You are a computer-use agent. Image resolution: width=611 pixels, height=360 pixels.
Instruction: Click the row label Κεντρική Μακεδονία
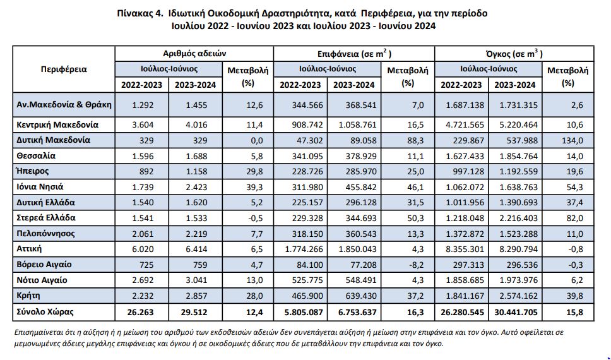coord(57,125)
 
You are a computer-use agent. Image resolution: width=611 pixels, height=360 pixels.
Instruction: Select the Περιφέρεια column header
coord(64,69)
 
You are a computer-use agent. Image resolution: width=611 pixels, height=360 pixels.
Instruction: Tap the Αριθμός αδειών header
coord(194,54)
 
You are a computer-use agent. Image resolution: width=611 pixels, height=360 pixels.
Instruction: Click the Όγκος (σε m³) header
coord(514,54)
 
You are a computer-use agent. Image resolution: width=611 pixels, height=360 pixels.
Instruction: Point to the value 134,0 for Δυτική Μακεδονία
coord(572,140)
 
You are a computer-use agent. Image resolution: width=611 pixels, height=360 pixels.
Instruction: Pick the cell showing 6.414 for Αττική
coord(196,249)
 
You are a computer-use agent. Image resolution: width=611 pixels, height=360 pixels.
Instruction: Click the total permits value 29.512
coord(194,313)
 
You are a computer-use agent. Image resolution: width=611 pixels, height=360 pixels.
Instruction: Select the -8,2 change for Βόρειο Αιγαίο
coord(415,265)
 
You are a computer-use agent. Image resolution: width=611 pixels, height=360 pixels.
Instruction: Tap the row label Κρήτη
coord(28,295)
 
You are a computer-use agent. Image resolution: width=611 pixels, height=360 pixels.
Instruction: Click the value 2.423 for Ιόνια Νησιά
coord(196,187)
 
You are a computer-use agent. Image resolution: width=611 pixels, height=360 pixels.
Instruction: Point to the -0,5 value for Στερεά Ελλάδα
coord(255,218)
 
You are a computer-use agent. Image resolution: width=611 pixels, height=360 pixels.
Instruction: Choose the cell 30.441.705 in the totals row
coord(516,313)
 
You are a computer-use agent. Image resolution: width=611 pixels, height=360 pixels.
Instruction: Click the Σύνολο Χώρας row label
coord(45,311)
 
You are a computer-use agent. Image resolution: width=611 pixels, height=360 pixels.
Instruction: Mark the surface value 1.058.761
coord(358,125)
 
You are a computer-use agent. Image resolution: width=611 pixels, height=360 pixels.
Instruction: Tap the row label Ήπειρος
coord(33,171)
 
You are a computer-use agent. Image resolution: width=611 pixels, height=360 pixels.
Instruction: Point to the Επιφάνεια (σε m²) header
coord(354,54)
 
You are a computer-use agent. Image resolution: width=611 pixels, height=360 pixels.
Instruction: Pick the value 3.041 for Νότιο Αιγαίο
coord(196,280)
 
